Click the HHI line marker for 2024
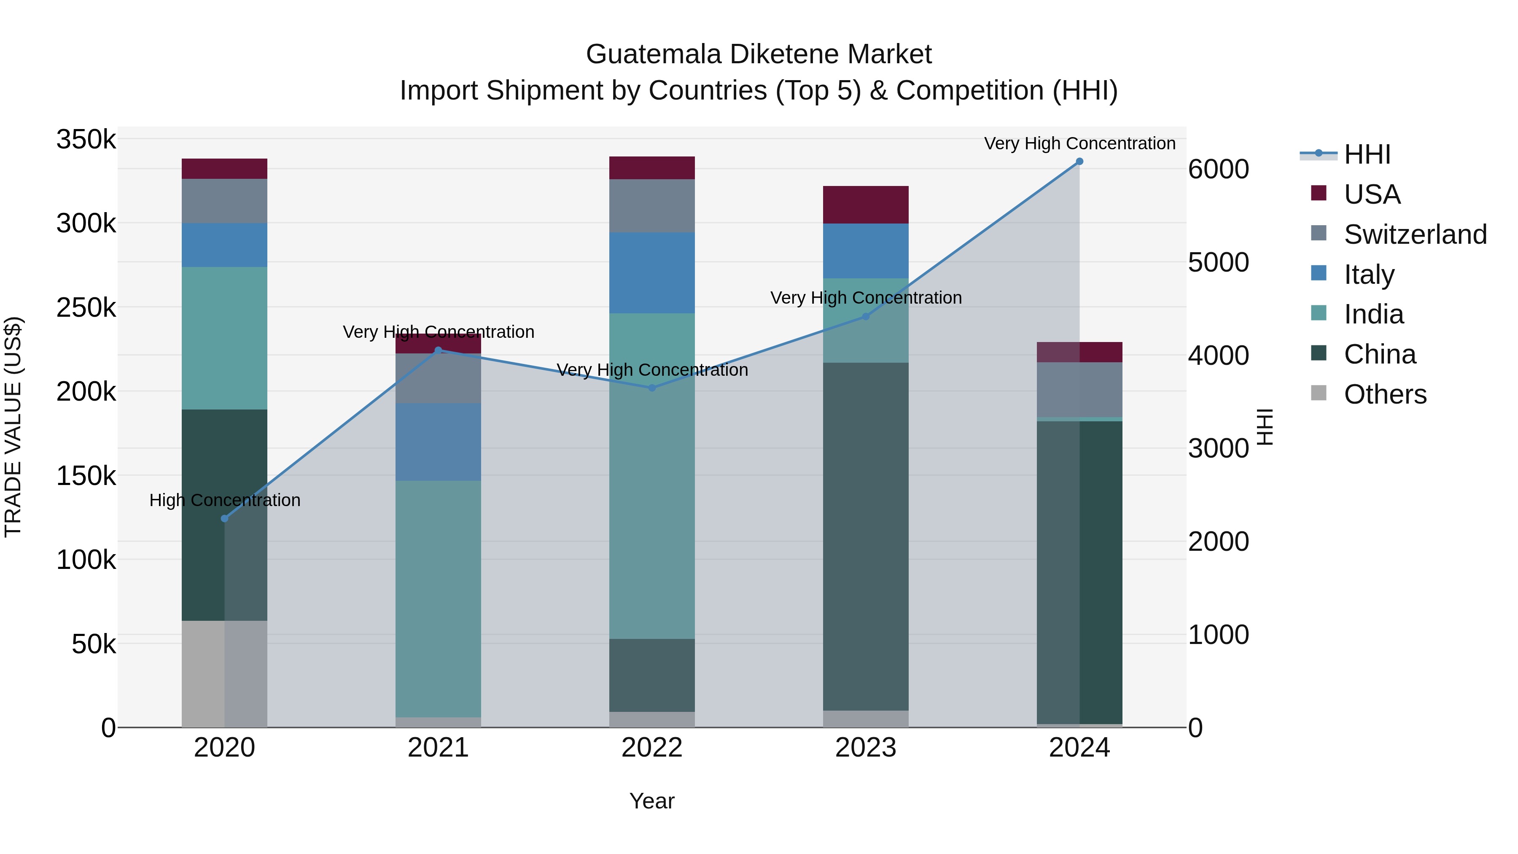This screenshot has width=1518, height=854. click(x=1079, y=162)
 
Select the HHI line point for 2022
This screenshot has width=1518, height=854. click(x=652, y=388)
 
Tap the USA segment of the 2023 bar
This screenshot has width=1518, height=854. click(x=866, y=205)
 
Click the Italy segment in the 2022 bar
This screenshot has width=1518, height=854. click(x=652, y=273)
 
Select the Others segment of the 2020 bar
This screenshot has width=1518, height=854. click(x=224, y=674)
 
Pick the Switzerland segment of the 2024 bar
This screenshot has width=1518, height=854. click(x=1079, y=390)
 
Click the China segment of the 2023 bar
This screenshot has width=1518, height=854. click(x=866, y=536)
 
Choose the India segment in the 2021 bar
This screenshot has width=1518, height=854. click(x=438, y=598)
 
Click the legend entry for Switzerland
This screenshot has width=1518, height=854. click(x=1415, y=234)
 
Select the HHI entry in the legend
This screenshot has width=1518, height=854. click(x=1367, y=154)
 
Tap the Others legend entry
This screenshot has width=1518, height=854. click(x=1385, y=394)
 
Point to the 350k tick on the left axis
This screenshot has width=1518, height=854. click(x=86, y=140)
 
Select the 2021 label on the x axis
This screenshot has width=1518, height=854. click(x=438, y=748)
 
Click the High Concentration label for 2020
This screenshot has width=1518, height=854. click(x=224, y=500)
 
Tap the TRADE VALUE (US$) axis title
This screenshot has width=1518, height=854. click(x=13, y=427)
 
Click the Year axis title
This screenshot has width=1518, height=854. click(x=652, y=801)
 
